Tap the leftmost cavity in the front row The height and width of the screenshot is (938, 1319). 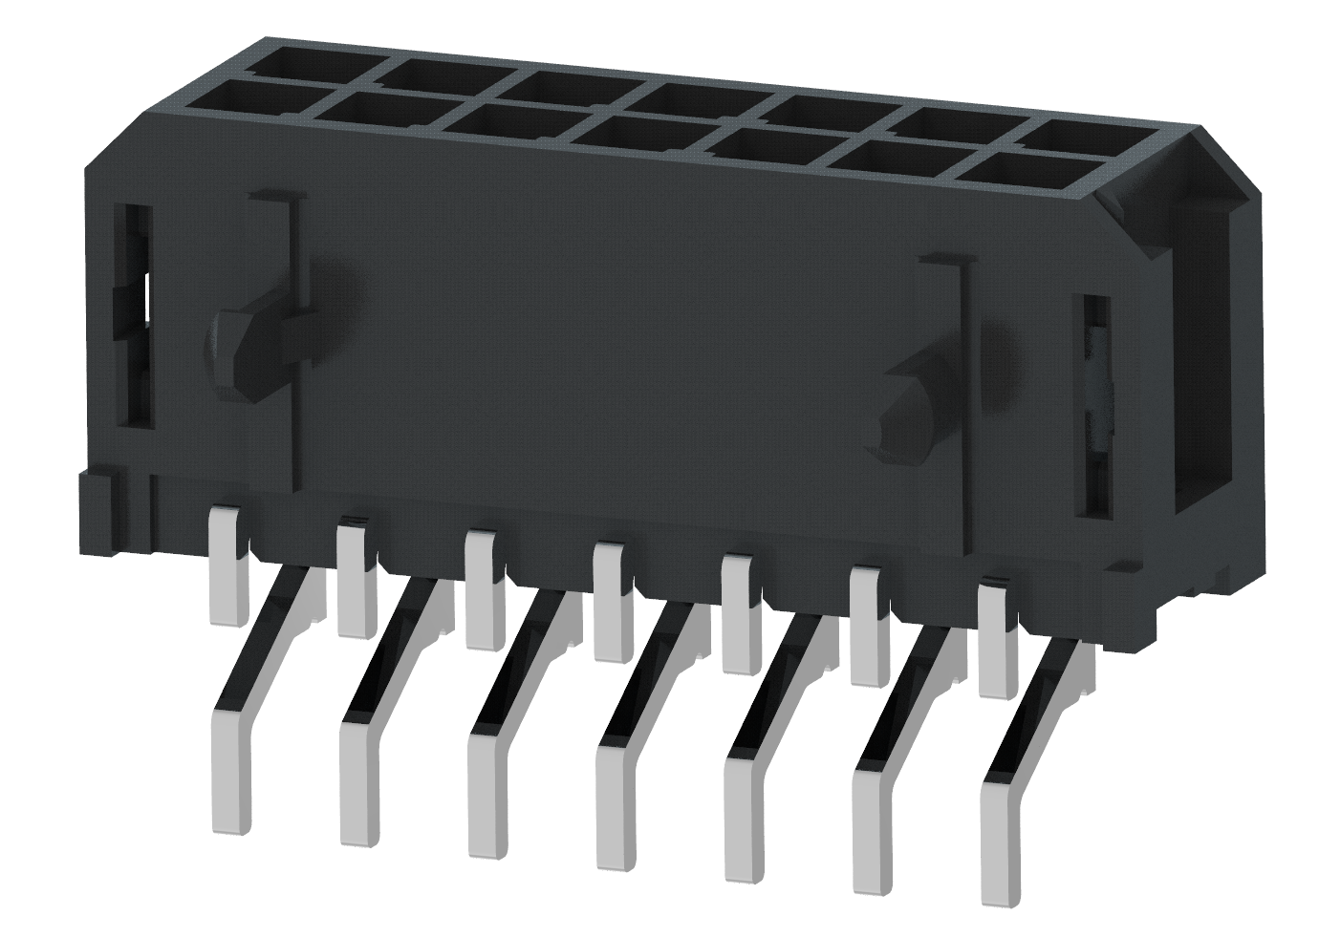coord(244,96)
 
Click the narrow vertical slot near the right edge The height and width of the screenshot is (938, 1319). coord(1096,406)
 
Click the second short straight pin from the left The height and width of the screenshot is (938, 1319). coord(357,578)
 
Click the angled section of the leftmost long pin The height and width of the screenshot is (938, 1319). coord(263,640)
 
